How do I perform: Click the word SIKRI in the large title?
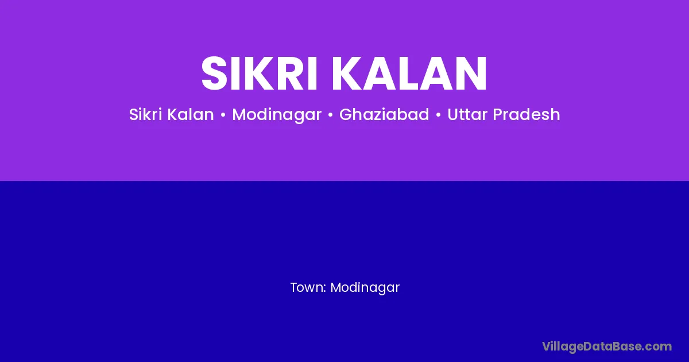coord(259,74)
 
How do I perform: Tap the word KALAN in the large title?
coord(409,74)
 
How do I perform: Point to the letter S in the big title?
coord(214,74)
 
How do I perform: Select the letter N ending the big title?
coord(471,74)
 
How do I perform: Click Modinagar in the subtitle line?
coord(277,115)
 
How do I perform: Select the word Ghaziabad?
coord(384,114)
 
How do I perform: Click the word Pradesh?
coord(527,114)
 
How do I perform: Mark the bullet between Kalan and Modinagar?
coord(223,115)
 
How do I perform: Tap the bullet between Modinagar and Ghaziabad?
coord(331,115)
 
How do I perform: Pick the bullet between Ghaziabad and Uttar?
coord(438,115)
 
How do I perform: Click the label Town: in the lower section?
coord(308,287)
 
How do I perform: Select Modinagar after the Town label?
coord(365,288)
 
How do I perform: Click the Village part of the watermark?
coord(563,347)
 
